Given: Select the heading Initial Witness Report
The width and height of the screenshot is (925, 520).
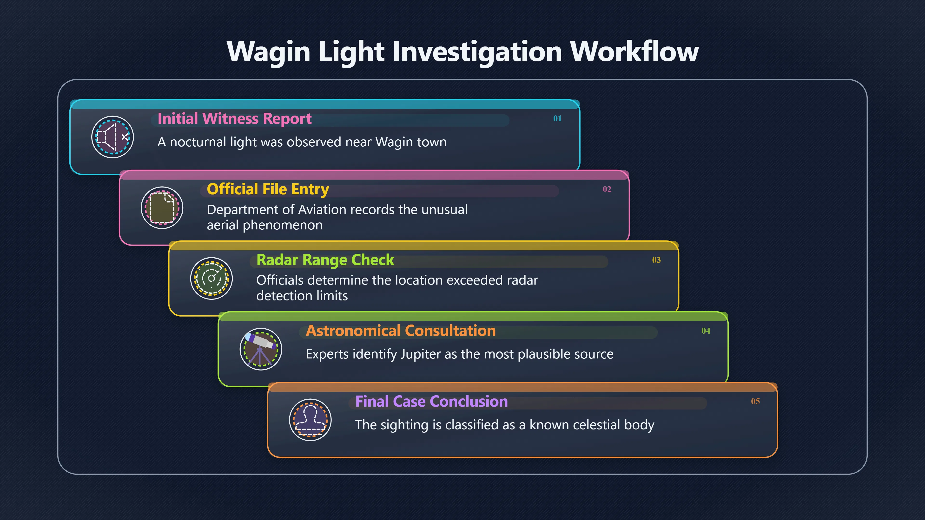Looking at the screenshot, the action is pyautogui.click(x=234, y=119).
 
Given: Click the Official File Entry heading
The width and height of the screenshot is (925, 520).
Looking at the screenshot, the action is pyautogui.click(x=268, y=189).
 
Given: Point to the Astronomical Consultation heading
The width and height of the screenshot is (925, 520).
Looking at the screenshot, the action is pyautogui.click(x=401, y=331).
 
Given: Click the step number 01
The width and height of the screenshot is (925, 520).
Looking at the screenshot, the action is pyautogui.click(x=557, y=118).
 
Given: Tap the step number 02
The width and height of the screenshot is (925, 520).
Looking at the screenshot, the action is pyautogui.click(x=607, y=189).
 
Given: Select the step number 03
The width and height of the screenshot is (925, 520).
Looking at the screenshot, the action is pyautogui.click(x=656, y=260).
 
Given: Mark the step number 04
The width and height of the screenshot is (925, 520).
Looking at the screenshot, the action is pyautogui.click(x=706, y=331).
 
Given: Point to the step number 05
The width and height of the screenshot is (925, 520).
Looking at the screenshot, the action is pyautogui.click(x=755, y=401).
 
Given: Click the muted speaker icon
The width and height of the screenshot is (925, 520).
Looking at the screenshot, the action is pyautogui.click(x=113, y=137).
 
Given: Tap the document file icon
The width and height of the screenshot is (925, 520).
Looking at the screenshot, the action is pyautogui.click(x=162, y=208).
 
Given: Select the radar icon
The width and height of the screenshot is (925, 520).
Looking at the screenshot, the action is pyautogui.click(x=211, y=279).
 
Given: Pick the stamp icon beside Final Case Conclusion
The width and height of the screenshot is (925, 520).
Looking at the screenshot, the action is pyautogui.click(x=310, y=420).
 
